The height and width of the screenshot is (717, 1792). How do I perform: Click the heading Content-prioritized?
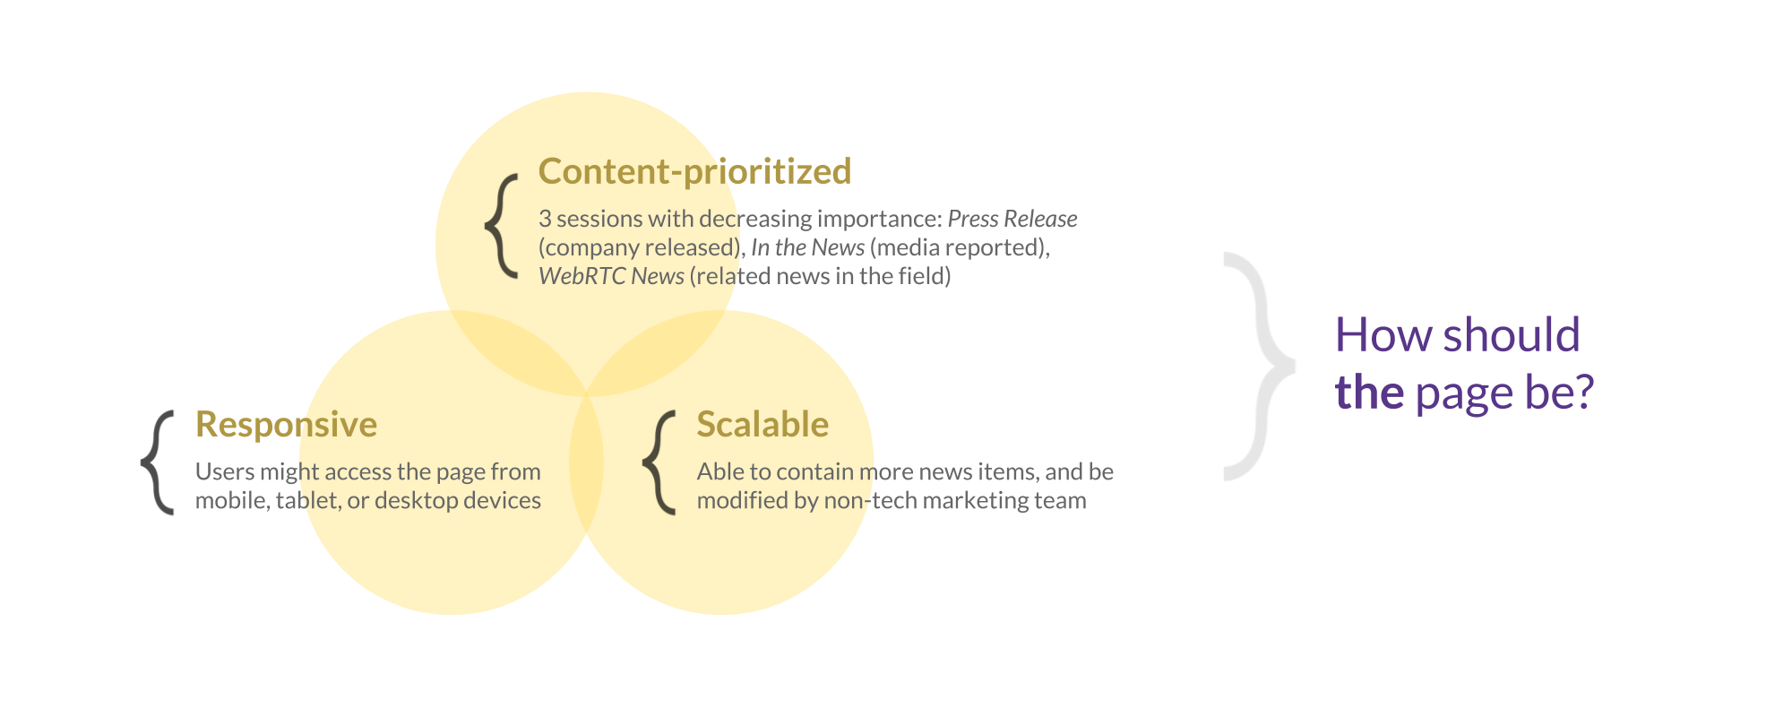[x=694, y=171]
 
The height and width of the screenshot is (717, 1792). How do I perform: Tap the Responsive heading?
[x=286, y=425]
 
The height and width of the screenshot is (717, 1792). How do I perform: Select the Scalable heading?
[x=762, y=424]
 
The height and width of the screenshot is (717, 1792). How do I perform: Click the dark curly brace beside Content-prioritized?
[x=502, y=226]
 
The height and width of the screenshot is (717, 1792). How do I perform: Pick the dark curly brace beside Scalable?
[x=659, y=462]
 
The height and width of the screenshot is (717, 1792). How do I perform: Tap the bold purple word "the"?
[x=1369, y=393]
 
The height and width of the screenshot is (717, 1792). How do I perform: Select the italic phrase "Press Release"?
[x=1012, y=219]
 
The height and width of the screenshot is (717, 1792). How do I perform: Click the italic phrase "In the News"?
[x=807, y=247]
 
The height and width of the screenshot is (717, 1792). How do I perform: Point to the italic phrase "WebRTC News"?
[x=611, y=276]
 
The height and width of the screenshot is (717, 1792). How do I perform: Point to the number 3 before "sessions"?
[x=545, y=219]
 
